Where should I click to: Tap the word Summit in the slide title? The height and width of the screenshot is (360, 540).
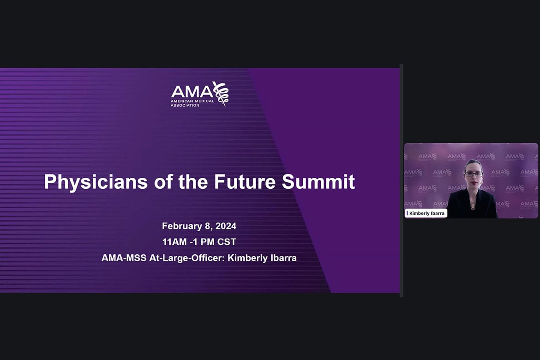[x=318, y=181]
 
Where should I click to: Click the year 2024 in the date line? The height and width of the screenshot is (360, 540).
[x=226, y=226]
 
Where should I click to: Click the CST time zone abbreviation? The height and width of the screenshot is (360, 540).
[x=227, y=242]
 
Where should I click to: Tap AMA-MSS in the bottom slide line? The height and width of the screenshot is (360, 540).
[x=124, y=258]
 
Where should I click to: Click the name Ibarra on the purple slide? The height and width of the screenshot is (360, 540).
[x=283, y=258]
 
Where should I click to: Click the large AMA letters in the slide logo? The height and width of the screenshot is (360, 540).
[x=192, y=91]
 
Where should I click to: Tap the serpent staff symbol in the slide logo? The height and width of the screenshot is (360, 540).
[x=221, y=93]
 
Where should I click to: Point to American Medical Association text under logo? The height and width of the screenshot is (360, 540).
[x=192, y=103]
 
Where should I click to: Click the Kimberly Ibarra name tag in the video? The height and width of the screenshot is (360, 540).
[x=426, y=213]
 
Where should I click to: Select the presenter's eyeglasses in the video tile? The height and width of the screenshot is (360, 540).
[x=474, y=174]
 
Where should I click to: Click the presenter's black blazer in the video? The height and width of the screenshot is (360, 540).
[x=472, y=204]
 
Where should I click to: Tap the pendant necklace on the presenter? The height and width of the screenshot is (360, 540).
[x=473, y=206]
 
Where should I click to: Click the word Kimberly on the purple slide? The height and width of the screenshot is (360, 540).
[x=247, y=258]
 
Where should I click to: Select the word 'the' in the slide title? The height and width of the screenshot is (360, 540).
[x=193, y=181]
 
